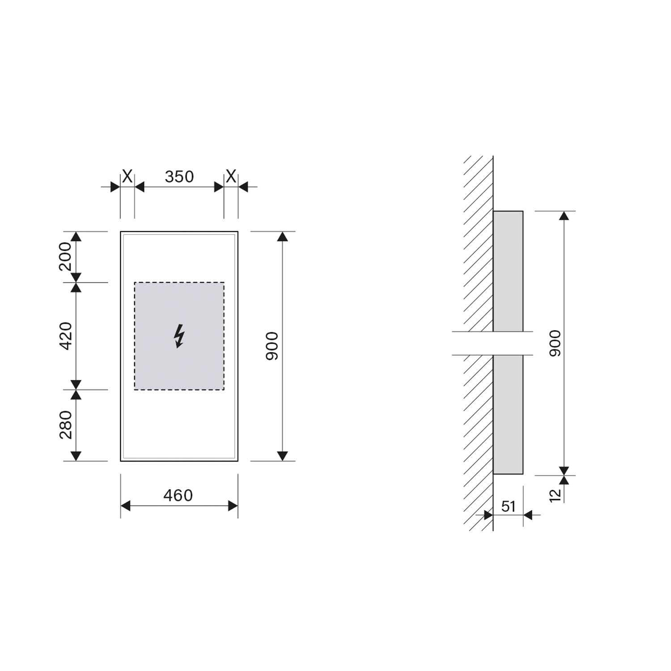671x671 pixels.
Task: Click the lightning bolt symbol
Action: tap(179, 336)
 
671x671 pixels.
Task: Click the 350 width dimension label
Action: tap(179, 177)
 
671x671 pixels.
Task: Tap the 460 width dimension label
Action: tap(178, 495)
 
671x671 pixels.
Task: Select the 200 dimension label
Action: tap(65, 256)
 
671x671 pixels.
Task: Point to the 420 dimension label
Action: tap(65, 335)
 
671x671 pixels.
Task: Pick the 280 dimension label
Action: tap(65, 425)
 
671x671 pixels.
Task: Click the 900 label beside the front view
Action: tap(272, 346)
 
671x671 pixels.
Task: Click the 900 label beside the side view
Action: tap(554, 343)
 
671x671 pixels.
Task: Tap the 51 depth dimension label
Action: tap(509, 506)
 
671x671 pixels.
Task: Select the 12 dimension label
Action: tap(555, 495)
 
